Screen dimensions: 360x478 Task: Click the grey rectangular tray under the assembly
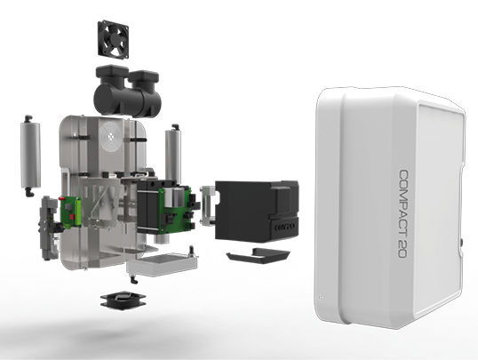point(163,264)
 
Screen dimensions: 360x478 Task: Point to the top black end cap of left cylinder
point(28,118)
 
